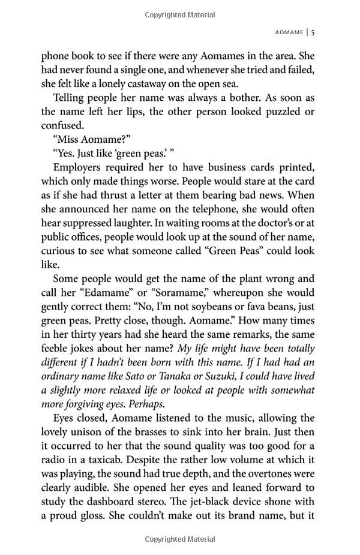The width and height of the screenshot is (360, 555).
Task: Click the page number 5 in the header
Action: pyautogui.click(x=313, y=32)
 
